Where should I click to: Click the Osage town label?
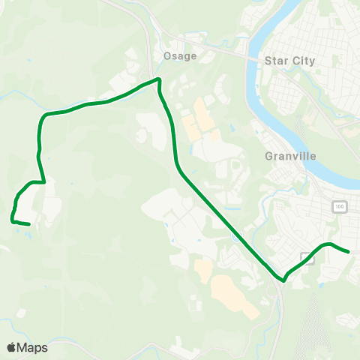click(x=179, y=56)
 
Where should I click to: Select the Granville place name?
click(x=291, y=157)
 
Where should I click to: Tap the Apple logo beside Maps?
click(x=11, y=347)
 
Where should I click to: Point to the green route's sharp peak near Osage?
click(x=158, y=79)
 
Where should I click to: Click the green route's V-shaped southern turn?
click(x=283, y=280)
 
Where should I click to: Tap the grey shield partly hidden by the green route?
click(x=305, y=257)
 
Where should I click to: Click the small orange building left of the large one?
click(x=203, y=268)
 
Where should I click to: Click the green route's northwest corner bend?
click(x=43, y=116)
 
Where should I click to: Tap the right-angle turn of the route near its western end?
click(x=45, y=181)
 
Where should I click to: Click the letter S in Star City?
click(x=268, y=61)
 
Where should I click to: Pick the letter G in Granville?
click(x=269, y=157)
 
